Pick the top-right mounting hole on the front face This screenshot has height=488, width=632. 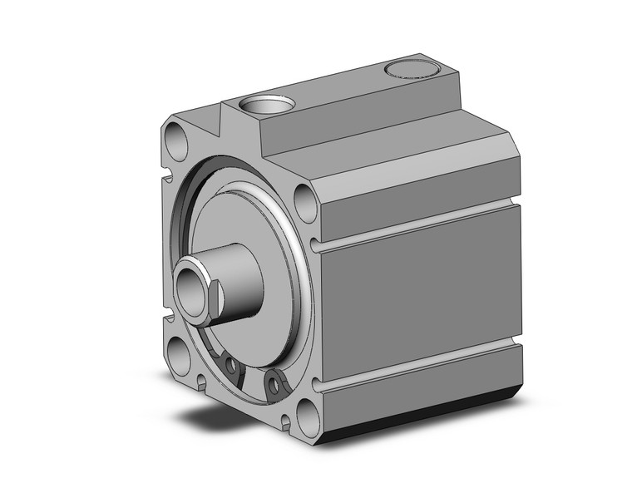click(x=305, y=203)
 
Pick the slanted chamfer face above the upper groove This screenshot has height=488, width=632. click(x=416, y=179)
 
